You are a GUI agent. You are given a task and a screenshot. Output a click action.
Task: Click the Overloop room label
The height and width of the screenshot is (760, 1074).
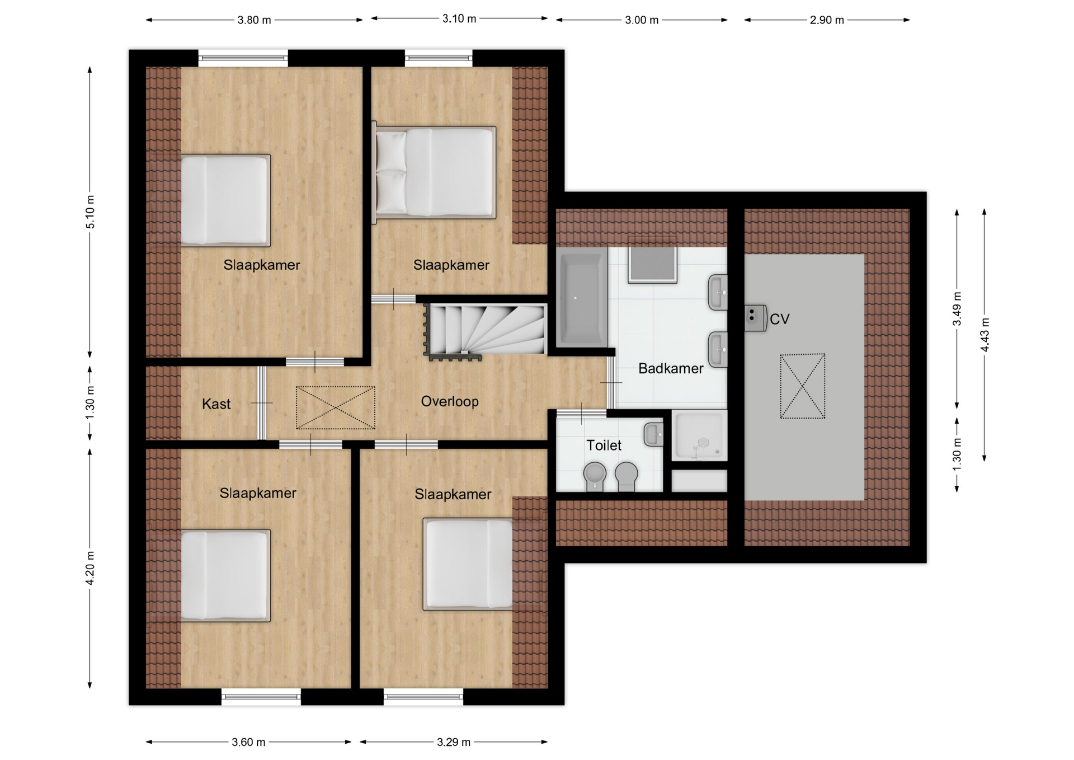click(450, 401)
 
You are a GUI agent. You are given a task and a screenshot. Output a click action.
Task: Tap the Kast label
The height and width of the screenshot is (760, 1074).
click(216, 404)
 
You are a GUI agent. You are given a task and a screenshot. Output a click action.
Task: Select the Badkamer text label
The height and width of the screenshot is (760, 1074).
click(671, 368)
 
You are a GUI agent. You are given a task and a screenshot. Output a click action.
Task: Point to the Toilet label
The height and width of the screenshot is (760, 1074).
click(604, 445)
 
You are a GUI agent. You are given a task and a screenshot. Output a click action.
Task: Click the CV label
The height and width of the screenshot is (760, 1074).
click(779, 320)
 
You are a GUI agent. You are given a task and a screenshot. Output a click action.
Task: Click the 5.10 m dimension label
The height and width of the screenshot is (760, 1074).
click(90, 212)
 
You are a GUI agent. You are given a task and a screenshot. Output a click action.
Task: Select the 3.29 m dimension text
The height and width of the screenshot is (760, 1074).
click(454, 742)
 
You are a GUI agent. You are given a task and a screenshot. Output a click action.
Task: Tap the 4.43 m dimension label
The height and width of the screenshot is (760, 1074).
click(985, 335)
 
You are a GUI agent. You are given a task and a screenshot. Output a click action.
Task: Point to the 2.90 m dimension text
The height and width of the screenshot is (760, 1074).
click(827, 20)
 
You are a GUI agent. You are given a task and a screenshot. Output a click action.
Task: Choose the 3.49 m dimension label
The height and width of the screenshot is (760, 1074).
click(957, 308)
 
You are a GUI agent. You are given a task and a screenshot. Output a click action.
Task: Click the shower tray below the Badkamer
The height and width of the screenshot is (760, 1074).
click(699, 436)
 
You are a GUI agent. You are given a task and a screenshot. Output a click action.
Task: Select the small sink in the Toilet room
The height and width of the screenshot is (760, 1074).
click(654, 435)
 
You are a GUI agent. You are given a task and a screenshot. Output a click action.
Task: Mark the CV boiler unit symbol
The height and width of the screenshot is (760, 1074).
click(755, 318)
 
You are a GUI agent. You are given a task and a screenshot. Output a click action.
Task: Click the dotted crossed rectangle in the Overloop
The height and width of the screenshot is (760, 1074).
click(336, 407)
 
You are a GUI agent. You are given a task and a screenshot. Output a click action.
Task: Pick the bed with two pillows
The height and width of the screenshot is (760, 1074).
click(435, 172)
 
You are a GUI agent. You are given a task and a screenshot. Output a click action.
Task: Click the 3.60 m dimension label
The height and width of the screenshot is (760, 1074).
click(248, 742)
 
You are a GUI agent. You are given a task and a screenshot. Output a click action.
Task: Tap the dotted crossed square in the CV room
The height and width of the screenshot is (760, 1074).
click(803, 386)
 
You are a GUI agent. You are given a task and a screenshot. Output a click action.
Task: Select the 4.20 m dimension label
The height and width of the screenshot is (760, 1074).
click(90, 567)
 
